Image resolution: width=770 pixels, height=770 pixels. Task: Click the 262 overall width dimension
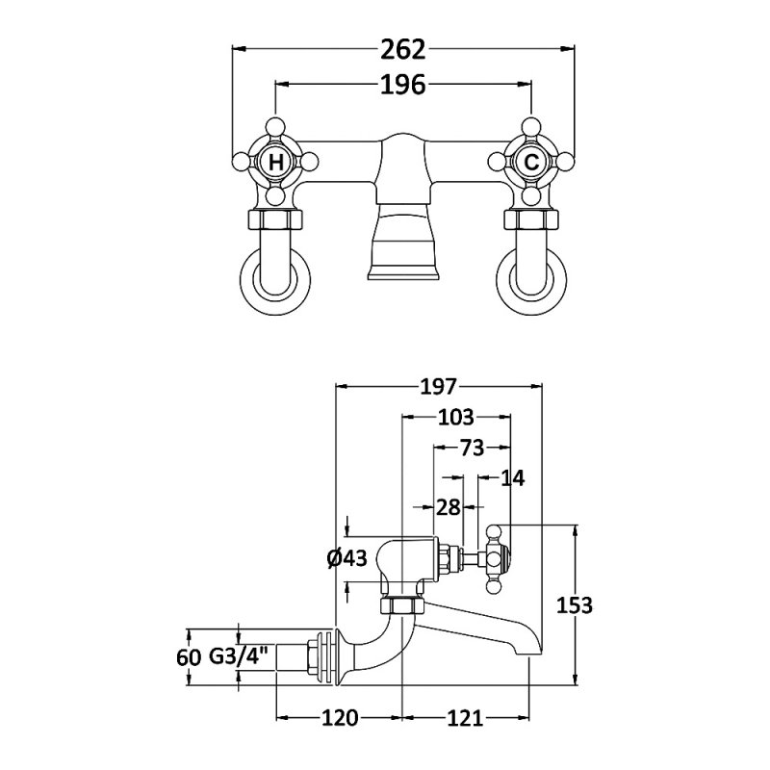point(403,48)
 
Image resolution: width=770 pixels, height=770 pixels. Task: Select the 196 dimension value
point(403,86)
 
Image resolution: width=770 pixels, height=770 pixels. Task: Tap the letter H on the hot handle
point(276,163)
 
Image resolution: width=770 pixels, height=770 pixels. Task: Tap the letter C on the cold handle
point(531,163)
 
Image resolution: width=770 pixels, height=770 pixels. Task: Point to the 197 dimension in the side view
point(438,387)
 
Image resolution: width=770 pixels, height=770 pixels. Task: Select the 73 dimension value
point(471,448)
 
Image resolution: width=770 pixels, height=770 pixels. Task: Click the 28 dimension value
point(448,507)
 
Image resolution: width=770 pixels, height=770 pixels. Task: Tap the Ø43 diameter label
point(347,558)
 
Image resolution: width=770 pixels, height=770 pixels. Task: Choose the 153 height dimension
point(575,605)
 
